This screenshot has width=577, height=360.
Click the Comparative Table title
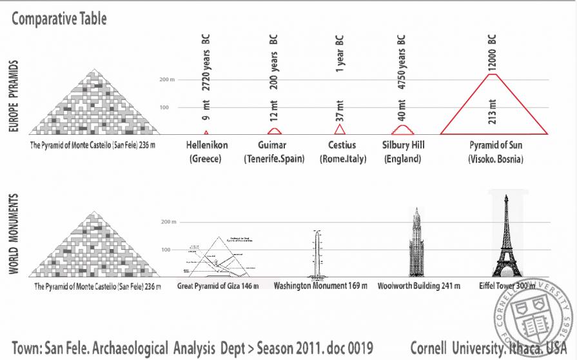59,19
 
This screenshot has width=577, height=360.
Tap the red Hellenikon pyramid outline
206,132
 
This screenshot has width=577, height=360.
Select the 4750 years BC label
402,57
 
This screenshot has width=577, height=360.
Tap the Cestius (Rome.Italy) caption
341,152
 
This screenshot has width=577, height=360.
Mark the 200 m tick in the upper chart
167,80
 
